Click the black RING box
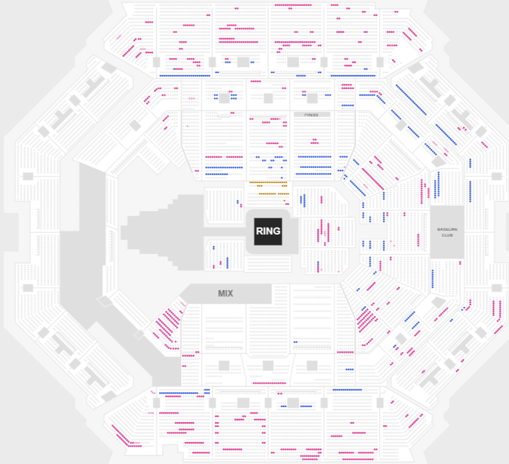pos(268,231)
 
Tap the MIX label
pos(225,293)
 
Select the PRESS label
pos(312,115)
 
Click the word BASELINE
pos(447,229)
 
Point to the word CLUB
pos(447,235)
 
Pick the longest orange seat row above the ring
pos(268,182)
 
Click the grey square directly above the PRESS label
pos(312,98)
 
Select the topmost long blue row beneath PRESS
pos(314,156)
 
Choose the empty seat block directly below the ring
pos(268,264)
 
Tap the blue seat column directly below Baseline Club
pos(433,279)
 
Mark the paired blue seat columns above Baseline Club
pos(437,184)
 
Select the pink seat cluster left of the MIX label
pos(168,323)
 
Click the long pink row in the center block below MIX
pos(268,383)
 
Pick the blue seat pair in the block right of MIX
pos(296,342)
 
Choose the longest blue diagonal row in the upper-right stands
pos(411,101)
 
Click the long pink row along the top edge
pos(293,5)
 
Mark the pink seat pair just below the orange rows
pos(285,200)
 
